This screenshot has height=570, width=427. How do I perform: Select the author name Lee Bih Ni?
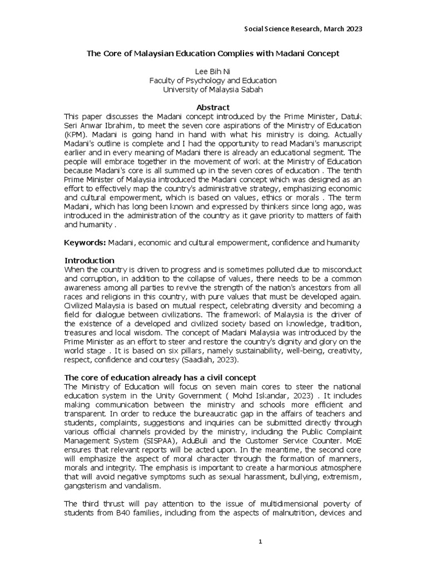point(213,72)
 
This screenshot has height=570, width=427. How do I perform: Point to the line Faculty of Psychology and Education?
point(213,80)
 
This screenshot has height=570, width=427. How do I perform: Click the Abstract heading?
point(213,107)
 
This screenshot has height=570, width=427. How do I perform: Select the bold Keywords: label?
point(85,243)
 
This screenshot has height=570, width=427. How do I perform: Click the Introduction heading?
point(90,261)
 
